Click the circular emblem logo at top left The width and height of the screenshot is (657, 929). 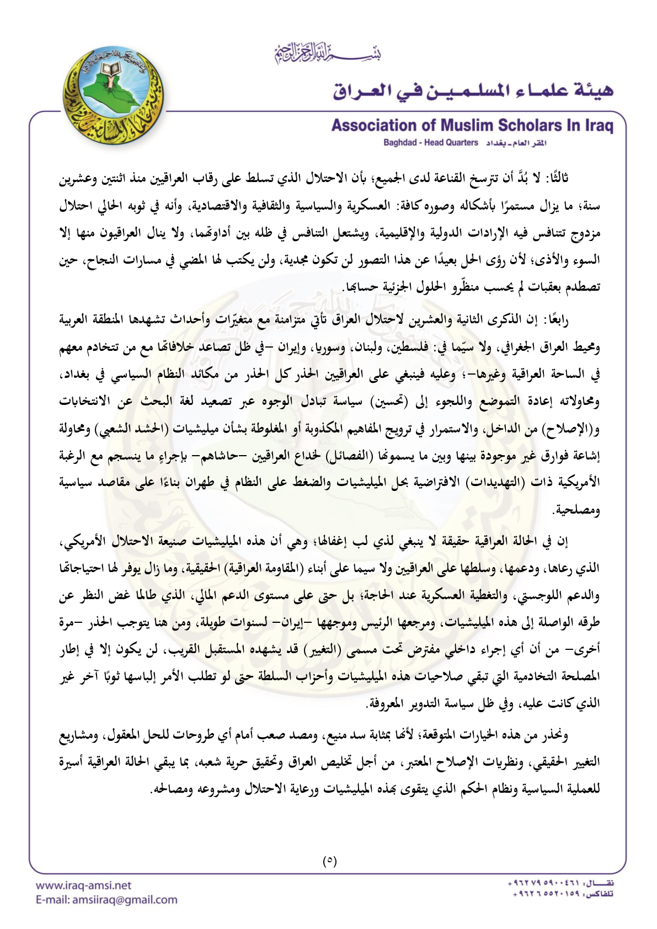[114, 95]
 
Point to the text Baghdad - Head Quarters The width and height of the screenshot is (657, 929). [430, 143]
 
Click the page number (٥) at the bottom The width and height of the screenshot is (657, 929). [329, 860]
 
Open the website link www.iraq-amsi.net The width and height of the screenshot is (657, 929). [83, 885]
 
